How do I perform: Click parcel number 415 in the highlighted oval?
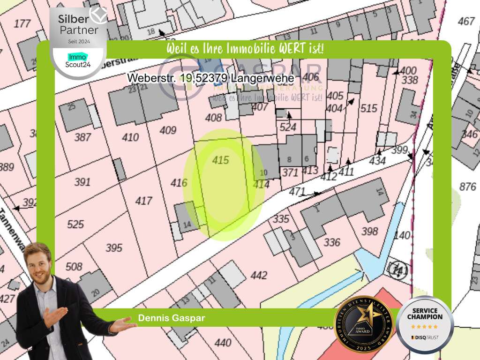coord(220,160)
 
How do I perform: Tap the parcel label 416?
coord(179,183)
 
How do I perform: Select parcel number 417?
coord(143,201)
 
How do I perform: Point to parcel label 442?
coord(259,275)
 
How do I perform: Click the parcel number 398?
coord(370,231)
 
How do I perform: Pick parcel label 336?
coord(332,242)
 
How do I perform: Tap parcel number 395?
coord(114,247)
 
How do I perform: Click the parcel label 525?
coord(75,224)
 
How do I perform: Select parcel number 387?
coord(82,137)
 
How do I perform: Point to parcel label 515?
coord(369,108)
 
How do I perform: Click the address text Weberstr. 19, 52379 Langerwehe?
coord(211,78)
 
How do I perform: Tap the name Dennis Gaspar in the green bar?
coord(172,318)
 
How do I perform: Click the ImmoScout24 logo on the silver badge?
coord(78,60)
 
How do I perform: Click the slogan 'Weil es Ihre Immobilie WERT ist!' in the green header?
coord(245,49)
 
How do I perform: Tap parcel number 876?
coord(467,187)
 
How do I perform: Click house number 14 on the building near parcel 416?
coord(187,225)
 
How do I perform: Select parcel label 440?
coord(223,343)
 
